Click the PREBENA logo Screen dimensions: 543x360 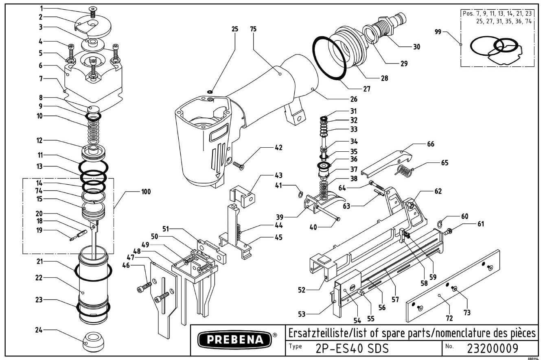click(234, 340)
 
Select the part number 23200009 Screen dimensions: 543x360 click(493, 348)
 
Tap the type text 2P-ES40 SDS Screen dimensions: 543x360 click(352, 349)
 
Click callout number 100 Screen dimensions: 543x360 click(146, 192)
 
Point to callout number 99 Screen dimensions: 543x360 click(438, 32)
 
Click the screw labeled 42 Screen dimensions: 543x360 click(239, 166)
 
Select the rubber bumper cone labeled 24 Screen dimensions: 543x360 click(94, 342)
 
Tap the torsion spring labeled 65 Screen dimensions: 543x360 click(404, 170)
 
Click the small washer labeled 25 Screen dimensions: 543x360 click(210, 92)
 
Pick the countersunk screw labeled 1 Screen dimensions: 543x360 click(92, 12)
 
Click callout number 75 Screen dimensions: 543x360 click(253, 29)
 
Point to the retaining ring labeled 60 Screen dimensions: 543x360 click(440, 224)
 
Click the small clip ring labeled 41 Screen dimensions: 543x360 click(300, 194)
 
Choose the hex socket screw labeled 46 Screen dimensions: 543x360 click(144, 286)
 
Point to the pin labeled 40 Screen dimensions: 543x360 click(328, 214)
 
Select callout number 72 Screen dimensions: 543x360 click(449, 318)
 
